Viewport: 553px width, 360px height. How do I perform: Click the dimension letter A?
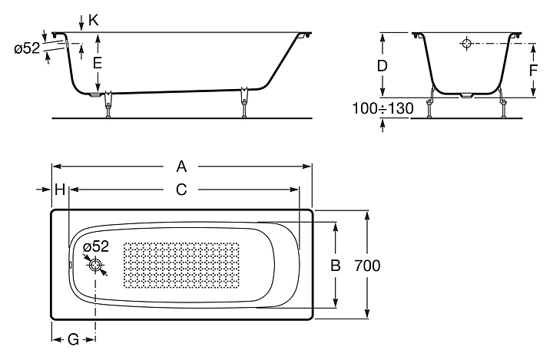click(181, 166)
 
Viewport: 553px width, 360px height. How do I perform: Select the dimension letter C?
click(181, 190)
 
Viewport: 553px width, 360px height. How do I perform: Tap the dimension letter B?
click(336, 265)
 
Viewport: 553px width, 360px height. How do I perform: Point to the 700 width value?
click(367, 266)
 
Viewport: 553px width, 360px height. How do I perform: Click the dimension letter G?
click(73, 339)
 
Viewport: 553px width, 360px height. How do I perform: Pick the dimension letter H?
click(60, 190)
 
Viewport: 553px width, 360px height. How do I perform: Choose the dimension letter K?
click(94, 20)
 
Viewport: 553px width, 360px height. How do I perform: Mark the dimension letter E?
click(97, 63)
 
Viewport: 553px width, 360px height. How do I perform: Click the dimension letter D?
click(382, 65)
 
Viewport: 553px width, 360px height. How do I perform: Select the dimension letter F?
click(533, 71)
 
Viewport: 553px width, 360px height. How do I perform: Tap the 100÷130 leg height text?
click(383, 108)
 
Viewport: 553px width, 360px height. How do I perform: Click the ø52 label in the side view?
click(27, 48)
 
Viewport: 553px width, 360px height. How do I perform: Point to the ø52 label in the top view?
click(96, 246)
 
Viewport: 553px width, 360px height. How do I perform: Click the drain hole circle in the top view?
click(95, 265)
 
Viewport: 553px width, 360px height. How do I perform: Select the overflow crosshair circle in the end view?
click(467, 44)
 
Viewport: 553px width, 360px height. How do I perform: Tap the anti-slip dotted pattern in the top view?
click(181, 265)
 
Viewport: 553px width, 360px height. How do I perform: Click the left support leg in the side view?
click(108, 104)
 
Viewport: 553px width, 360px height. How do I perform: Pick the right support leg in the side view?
click(243, 102)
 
